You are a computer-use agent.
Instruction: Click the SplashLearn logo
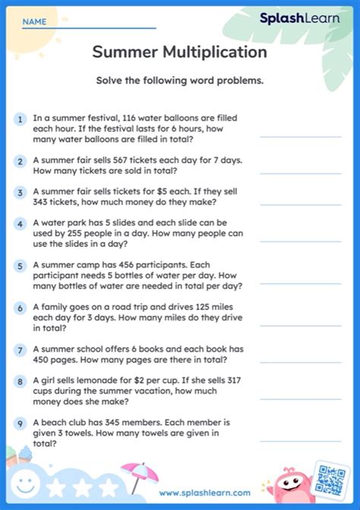(x=299, y=18)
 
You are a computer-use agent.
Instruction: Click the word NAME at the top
(x=33, y=22)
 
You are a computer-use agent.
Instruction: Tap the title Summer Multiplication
(x=179, y=52)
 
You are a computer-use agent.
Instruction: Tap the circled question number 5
(x=19, y=267)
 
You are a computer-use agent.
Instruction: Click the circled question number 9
(x=19, y=423)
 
